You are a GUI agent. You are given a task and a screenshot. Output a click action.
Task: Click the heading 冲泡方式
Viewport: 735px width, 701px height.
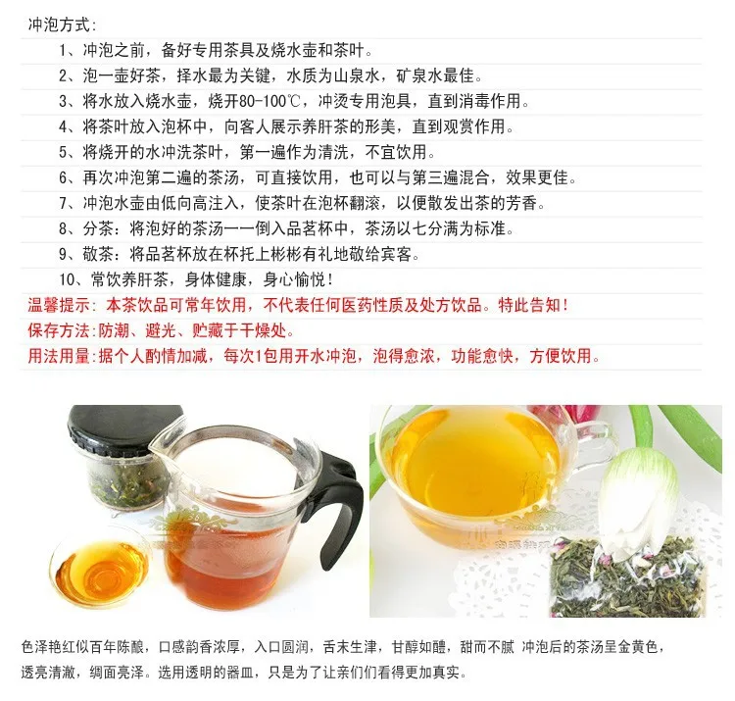coord(61,24)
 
